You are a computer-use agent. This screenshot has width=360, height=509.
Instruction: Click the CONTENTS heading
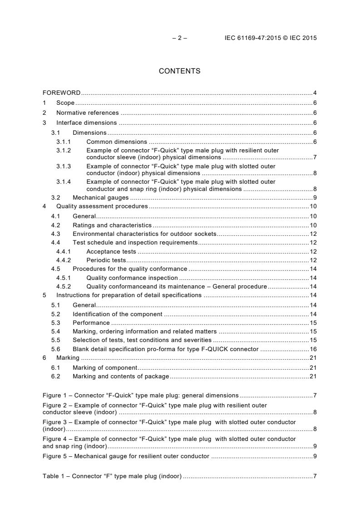point(179,71)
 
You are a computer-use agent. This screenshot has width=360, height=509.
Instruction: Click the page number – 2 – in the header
point(180,38)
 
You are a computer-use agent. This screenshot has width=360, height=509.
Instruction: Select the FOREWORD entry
point(61,93)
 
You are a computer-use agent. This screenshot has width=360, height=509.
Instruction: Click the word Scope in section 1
point(65,103)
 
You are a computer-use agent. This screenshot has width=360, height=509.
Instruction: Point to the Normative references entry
point(87,113)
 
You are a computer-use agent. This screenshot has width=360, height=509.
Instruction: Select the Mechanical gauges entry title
point(100,197)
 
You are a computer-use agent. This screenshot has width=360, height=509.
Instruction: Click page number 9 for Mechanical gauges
point(315,197)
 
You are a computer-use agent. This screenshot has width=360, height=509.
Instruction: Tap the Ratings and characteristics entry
point(112,225)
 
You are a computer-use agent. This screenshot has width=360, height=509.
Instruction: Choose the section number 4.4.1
point(64,252)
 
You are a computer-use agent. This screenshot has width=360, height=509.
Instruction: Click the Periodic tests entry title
point(106,260)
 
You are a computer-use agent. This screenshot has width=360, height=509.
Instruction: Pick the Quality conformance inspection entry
point(132,278)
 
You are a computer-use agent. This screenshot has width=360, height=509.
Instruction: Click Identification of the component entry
point(117,314)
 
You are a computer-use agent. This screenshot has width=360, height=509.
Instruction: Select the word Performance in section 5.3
point(91,323)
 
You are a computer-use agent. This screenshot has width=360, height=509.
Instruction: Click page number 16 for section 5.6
point(313,349)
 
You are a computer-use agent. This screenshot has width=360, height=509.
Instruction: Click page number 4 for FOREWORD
point(315,93)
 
